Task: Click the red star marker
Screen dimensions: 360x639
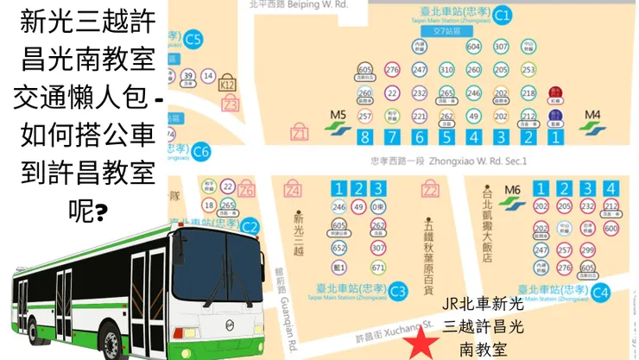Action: point(421,344)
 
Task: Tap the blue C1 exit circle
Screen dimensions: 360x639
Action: point(502,14)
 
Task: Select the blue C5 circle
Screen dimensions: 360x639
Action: point(194,38)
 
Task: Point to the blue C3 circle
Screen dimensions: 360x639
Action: point(398,291)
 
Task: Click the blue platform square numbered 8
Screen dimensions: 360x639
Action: point(365,136)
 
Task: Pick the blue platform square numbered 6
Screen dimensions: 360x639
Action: point(420,136)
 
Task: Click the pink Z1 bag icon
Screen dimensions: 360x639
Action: point(300,134)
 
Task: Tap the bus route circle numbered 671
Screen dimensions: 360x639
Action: point(377,268)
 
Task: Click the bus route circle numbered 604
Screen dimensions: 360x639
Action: point(473,46)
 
